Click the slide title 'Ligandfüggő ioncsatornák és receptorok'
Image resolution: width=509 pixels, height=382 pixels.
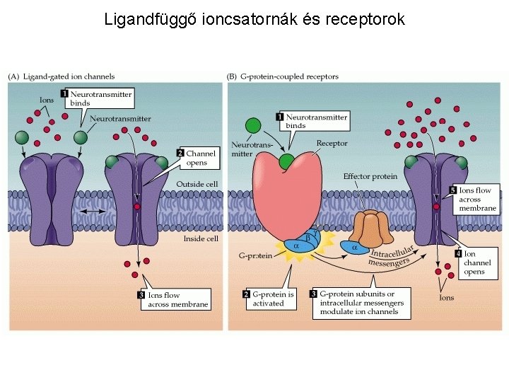pyautogui.click(x=255, y=19)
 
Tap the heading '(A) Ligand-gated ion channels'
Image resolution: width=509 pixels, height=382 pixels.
pyautogui.click(x=62, y=76)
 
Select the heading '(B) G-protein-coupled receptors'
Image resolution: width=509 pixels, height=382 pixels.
pyautogui.click(x=283, y=76)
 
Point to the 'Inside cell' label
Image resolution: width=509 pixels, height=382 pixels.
pyautogui.click(x=200, y=238)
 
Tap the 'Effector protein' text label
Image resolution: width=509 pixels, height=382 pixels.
pyautogui.click(x=370, y=176)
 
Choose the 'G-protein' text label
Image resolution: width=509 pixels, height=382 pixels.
pyautogui.click(x=255, y=255)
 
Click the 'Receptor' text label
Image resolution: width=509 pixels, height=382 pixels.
pyautogui.click(x=332, y=144)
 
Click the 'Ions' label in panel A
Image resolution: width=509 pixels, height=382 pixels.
pyautogui.click(x=47, y=100)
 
